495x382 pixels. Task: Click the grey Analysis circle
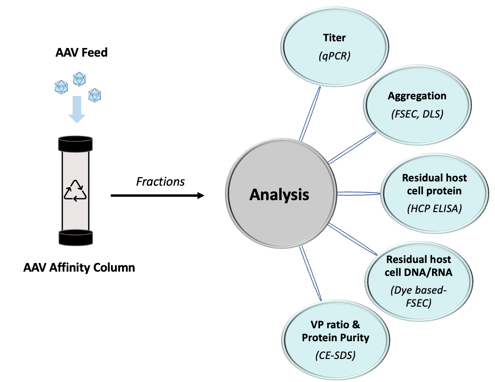coord(279,195)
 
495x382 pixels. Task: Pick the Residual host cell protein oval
coord(434,194)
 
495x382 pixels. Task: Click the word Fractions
coord(160,182)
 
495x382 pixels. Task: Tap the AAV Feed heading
coord(81,52)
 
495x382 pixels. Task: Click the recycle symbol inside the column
coord(75,190)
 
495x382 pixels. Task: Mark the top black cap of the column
coord(75,143)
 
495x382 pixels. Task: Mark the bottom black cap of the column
coord(75,237)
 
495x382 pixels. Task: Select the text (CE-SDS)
coord(335,356)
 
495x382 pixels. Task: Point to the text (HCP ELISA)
coord(434,210)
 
